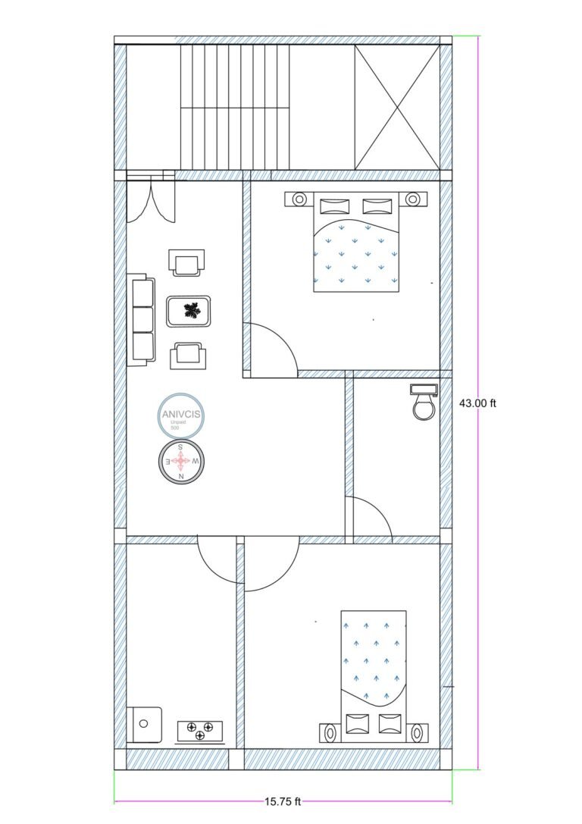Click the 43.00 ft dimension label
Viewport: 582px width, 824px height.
(x=477, y=403)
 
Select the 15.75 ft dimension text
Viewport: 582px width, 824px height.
(x=283, y=801)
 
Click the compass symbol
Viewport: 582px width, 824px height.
(x=181, y=461)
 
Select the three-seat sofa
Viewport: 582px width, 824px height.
(x=141, y=319)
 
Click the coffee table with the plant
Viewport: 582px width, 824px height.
(x=189, y=311)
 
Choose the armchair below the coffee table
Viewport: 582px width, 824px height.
(x=187, y=355)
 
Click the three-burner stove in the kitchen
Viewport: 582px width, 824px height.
(x=200, y=731)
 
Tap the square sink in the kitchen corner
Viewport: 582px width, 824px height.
(x=145, y=724)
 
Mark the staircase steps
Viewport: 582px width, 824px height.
(x=235, y=106)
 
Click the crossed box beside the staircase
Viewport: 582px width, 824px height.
(x=397, y=106)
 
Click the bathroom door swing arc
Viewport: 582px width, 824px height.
(x=368, y=519)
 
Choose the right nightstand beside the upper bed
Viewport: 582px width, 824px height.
(x=412, y=199)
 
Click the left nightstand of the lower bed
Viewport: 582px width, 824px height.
(x=330, y=733)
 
